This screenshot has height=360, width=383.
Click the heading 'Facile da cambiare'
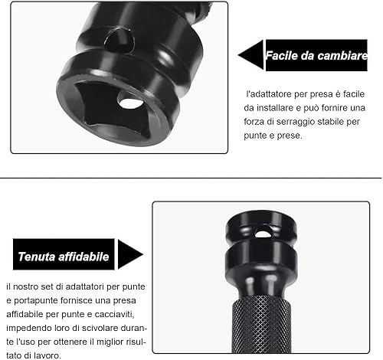[x=316, y=56]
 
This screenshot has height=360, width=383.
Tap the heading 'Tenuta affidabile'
[x=64, y=257]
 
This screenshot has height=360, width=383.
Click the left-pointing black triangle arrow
[x=250, y=55]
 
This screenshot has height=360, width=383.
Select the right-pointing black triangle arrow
[x=130, y=254]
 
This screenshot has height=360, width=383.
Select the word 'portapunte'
[x=32, y=301]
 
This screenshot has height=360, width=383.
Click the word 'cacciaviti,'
[x=114, y=314]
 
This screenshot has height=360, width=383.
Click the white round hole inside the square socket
[x=131, y=103]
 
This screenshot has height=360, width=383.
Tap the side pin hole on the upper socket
[x=118, y=40]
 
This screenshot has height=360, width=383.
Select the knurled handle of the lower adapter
[x=261, y=324]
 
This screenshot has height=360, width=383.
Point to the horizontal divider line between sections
[x=191, y=178]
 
